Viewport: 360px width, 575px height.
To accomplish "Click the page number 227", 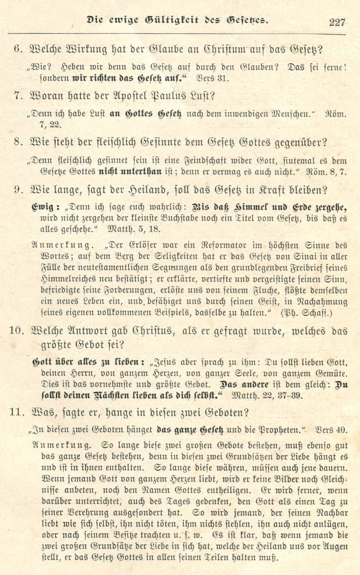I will point(337,22).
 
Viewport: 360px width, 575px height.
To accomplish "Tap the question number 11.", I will point(19,412).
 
